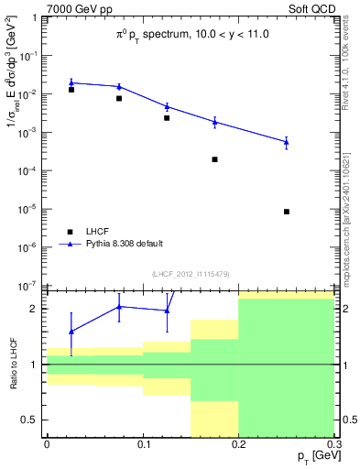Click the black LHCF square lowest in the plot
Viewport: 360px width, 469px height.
pyautogui.click(x=287, y=212)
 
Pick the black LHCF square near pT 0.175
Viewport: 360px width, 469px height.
pyautogui.click(x=214, y=159)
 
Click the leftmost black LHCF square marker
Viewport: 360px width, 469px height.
pyautogui.click(x=71, y=90)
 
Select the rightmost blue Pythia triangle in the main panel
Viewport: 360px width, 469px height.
pyautogui.click(x=287, y=141)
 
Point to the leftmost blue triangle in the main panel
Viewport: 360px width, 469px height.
pyautogui.click(x=71, y=82)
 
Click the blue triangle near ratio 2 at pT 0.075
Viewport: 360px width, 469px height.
pyautogui.click(x=119, y=307)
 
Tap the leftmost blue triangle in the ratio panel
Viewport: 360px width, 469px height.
pyautogui.click(x=71, y=331)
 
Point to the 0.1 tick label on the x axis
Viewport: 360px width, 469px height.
pyautogui.click(x=143, y=444)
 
